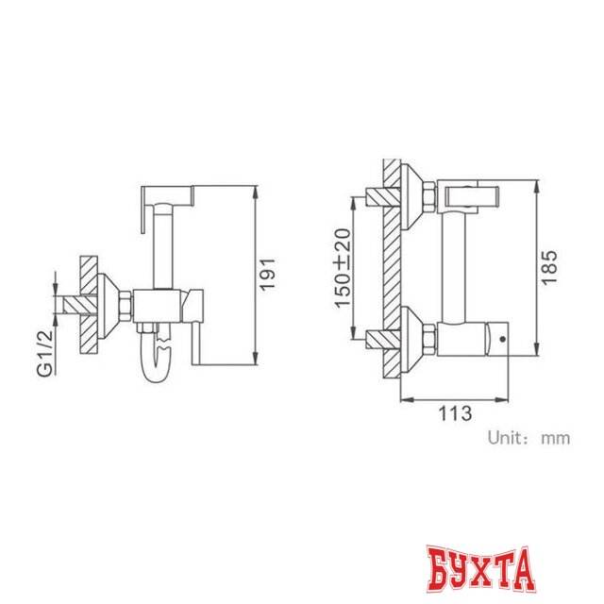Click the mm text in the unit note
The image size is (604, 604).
[x=555, y=438]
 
